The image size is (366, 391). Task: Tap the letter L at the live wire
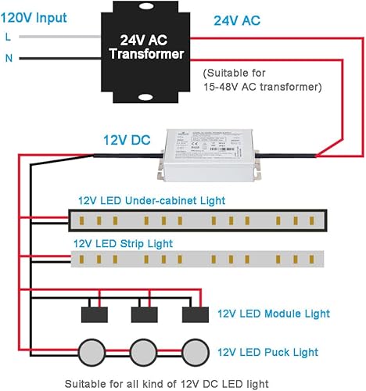pos(8,37)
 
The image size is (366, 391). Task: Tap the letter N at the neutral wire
pos(8,58)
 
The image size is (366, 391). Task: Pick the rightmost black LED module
pos(196,314)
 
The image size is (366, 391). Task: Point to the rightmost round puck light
pos(196,349)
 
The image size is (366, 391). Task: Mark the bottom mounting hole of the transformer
pos(146,98)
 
